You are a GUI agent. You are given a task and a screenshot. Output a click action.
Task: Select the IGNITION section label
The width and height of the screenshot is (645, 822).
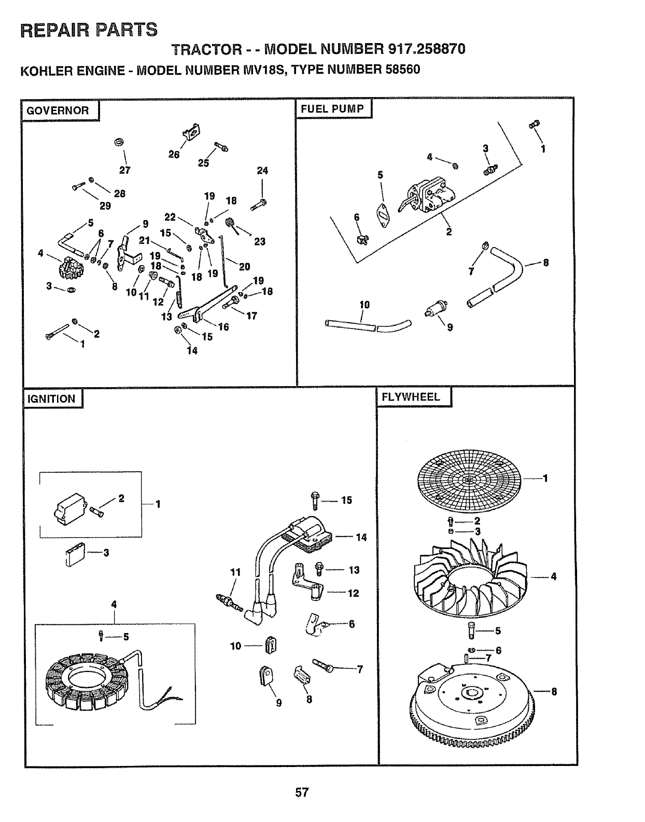coord(51,399)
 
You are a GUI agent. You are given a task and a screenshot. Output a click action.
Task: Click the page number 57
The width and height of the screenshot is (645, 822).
coord(303,792)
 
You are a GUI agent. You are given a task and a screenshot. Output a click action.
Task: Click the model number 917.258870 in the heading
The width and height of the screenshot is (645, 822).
coord(426,49)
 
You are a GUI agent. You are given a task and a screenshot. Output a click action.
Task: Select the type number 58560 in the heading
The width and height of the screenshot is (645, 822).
coord(399,69)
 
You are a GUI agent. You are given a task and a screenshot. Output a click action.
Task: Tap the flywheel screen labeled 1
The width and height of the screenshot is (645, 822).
coord(468,480)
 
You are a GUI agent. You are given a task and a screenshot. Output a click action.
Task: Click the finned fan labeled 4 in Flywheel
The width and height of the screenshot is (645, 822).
coord(469,576)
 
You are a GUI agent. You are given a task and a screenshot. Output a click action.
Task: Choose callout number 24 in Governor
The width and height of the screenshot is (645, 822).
coord(262,171)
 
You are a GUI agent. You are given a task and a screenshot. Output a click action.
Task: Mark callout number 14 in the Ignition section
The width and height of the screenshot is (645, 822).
coord(361,537)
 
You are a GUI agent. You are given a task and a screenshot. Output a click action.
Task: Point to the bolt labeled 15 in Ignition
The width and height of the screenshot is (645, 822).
coord(316,500)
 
